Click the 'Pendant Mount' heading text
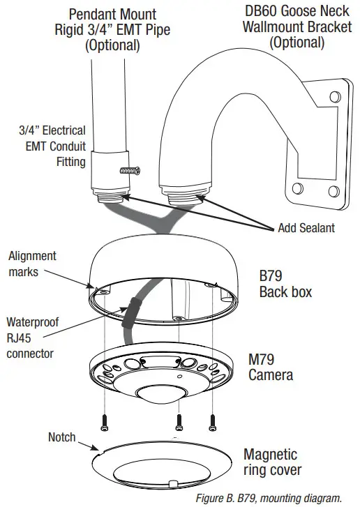[112, 14]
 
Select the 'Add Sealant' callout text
[307, 228]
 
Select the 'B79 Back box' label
[282, 282]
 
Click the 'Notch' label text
[61, 437]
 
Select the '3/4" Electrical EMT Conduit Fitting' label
[52, 146]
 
